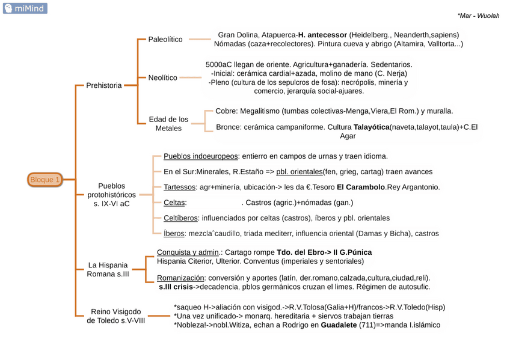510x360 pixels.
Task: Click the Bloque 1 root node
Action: pyautogui.click(x=45, y=179)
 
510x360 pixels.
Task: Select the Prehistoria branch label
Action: pyautogui.click(x=103, y=85)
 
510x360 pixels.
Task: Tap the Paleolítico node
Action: pyautogui.click(x=165, y=39)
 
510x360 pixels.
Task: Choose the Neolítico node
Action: pyautogui.click(x=162, y=78)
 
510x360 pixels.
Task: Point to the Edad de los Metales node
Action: pyautogui.click(x=168, y=124)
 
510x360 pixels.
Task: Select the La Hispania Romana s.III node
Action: pyautogui.click(x=108, y=269)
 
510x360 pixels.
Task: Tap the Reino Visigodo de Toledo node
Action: pyautogui.click(x=116, y=316)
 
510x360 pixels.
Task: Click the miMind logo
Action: pyautogui.click(x=25, y=8)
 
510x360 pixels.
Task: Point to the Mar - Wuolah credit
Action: pyautogui.click(x=478, y=16)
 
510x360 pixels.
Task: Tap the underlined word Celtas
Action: pyautogui.click(x=174, y=203)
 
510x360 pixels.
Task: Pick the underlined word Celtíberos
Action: pyautogui.click(x=181, y=218)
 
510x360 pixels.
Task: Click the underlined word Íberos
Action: pyautogui.click(x=174, y=233)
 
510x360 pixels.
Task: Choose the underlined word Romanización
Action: pyautogui.click(x=180, y=278)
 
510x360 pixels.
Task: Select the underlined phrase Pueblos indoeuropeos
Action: pyautogui.click(x=201, y=156)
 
